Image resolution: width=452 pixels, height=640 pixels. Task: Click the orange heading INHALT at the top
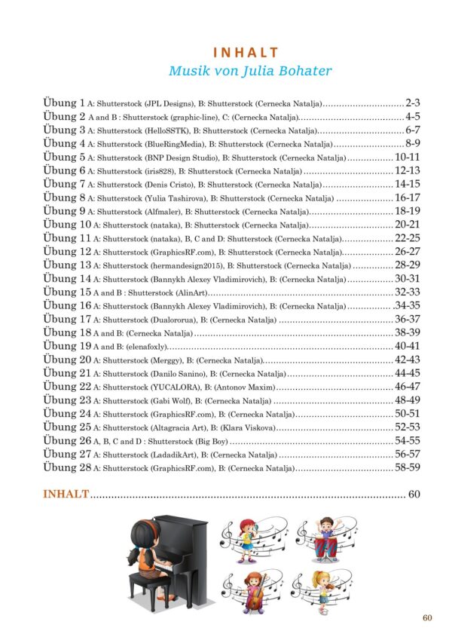(x=246, y=53)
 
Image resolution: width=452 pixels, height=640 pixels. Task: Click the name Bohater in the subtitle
(x=303, y=72)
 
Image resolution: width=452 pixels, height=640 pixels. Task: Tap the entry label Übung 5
(x=64, y=158)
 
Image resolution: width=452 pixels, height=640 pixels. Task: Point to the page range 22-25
(x=408, y=237)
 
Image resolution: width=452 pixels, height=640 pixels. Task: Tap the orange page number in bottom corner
(x=427, y=618)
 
